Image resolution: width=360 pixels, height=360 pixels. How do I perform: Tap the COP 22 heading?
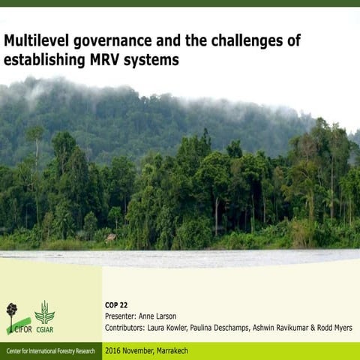point(118,307)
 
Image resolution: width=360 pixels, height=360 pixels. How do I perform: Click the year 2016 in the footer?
point(114,351)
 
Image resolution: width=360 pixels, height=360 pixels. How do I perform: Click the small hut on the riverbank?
point(111,237)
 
